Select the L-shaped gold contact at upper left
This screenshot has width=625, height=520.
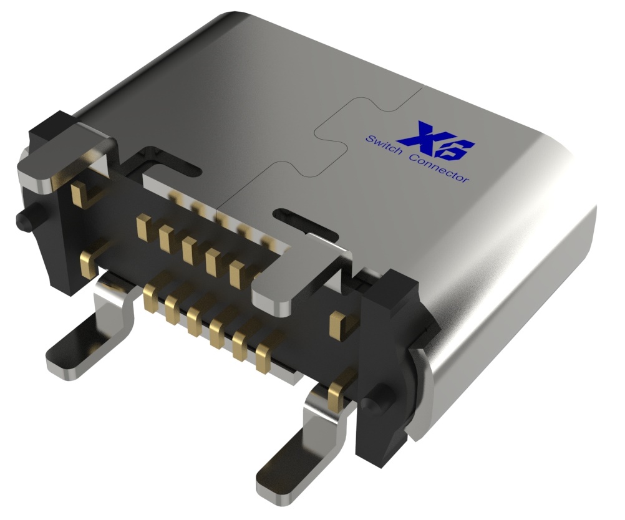(x=81, y=193)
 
